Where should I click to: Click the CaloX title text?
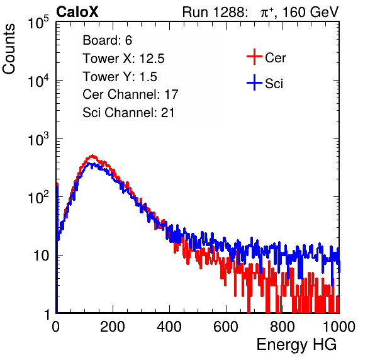pos(77,12)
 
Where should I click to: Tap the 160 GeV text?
pos(310,12)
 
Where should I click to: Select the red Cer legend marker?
pos(254,57)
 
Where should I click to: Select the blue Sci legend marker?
pos(254,82)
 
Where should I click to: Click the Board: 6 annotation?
pos(108,40)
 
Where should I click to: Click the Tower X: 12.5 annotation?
pos(123,59)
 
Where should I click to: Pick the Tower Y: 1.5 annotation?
pos(120,77)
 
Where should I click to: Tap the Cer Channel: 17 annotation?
pos(131,94)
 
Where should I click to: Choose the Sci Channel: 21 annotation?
pos(128,113)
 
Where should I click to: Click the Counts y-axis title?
pos(9,49)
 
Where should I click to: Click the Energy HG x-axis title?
pos(296,345)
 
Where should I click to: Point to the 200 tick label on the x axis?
pos(113,327)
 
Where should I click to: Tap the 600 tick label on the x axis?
pos(226,327)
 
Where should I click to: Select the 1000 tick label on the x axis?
pos(339,327)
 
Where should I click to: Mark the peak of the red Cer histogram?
pos(92,155)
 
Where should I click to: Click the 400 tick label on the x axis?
pos(169,327)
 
